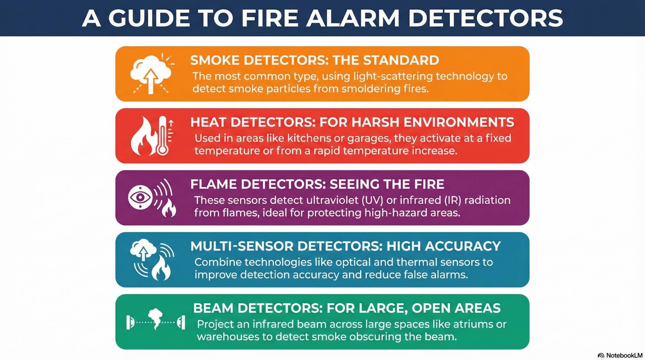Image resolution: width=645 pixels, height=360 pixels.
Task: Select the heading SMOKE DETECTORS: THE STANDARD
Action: pyautogui.click(x=314, y=60)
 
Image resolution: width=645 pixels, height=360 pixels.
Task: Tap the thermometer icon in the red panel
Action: pyautogui.click(x=163, y=136)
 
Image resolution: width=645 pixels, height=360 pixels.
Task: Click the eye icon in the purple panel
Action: pyautogui.click(x=140, y=197)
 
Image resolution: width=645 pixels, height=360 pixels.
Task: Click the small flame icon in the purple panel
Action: pyautogui.click(x=169, y=208)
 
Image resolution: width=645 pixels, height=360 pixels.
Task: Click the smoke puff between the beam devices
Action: pyautogui.click(x=155, y=317)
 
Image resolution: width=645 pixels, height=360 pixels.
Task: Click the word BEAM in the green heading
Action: pyautogui.click(x=213, y=308)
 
